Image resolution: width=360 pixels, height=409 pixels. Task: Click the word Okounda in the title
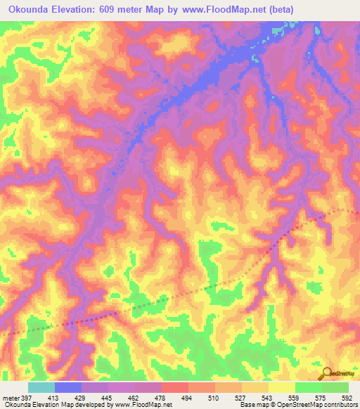[32, 9]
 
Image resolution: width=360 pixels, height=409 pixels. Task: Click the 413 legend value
[53, 398]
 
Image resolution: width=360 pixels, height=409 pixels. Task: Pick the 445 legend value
[106, 398]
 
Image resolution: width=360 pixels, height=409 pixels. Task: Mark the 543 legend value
[267, 398]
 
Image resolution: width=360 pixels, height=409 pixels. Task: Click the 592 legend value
[347, 398]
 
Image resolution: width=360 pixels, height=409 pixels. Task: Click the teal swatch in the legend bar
[41, 387]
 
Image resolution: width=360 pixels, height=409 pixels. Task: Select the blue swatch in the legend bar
[68, 387]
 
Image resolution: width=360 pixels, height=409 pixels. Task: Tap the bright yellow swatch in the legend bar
[282, 387]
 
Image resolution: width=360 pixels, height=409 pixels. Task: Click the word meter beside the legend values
[10, 398]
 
